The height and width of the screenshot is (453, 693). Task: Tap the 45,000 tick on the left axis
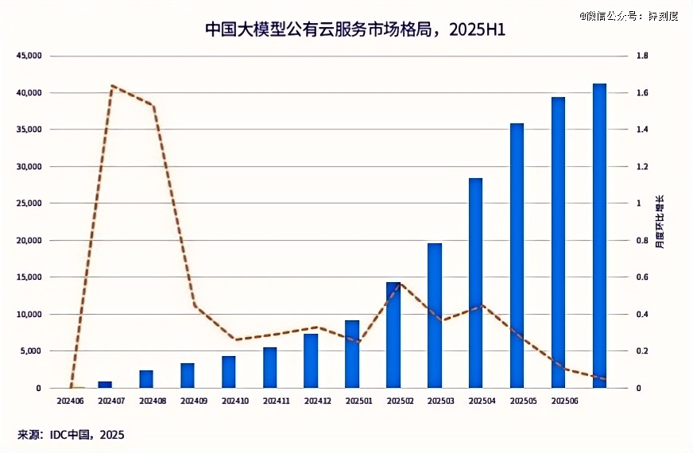click(x=29, y=56)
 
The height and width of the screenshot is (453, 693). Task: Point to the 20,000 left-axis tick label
click(x=29, y=240)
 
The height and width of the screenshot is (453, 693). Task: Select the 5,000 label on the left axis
click(x=32, y=350)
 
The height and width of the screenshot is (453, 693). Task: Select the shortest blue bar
click(x=105, y=385)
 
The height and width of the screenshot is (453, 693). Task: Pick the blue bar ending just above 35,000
click(x=517, y=255)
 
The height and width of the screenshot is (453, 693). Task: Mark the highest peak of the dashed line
click(x=113, y=85)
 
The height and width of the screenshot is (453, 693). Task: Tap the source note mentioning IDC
click(x=71, y=435)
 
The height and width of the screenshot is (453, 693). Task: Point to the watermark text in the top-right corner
click(x=628, y=15)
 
